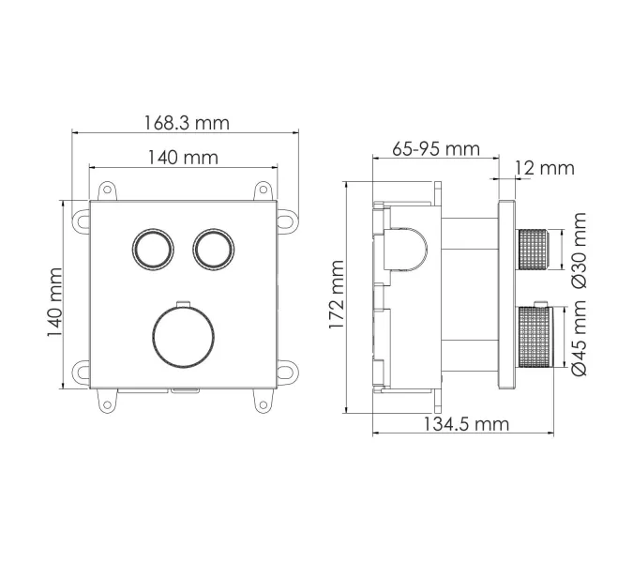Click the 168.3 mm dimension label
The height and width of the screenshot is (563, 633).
(x=186, y=123)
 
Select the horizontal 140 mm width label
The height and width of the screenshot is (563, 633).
(x=183, y=157)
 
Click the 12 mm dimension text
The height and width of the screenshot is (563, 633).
(x=544, y=168)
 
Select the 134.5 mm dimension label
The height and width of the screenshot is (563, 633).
(x=464, y=424)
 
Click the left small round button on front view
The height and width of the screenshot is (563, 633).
(x=153, y=249)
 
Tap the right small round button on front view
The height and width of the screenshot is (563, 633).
(x=213, y=249)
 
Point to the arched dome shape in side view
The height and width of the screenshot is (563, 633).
(x=411, y=250)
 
